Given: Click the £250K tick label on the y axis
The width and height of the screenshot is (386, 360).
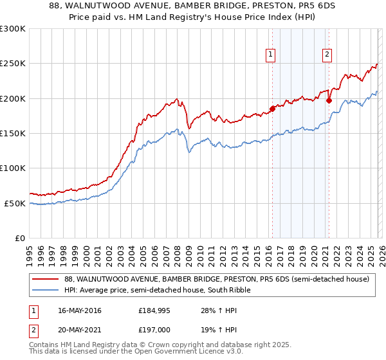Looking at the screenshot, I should click(13, 64).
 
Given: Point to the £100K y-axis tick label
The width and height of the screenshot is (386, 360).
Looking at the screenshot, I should click(13, 168).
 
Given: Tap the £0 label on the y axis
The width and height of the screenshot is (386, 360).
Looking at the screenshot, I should click(20, 238).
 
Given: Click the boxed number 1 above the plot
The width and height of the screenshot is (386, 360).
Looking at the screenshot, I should click(271, 55).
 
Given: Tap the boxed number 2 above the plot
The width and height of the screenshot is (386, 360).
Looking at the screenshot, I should click(327, 55).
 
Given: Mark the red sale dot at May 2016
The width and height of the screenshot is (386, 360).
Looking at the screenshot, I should click(272, 109).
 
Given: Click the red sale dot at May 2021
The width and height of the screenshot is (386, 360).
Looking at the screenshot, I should click(329, 100).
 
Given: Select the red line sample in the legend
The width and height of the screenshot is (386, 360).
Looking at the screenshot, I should click(46, 280).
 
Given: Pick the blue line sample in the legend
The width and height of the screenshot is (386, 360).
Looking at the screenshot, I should click(46, 291).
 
